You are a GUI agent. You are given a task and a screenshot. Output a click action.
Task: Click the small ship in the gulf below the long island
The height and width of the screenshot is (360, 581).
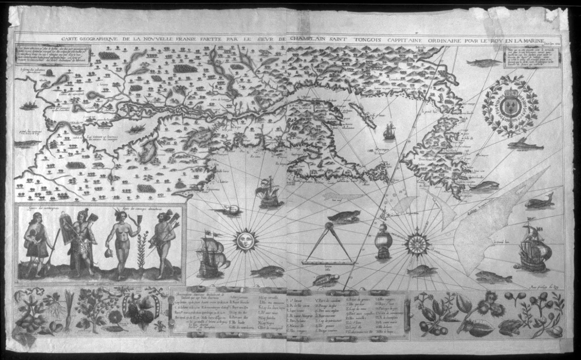click(390, 131)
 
